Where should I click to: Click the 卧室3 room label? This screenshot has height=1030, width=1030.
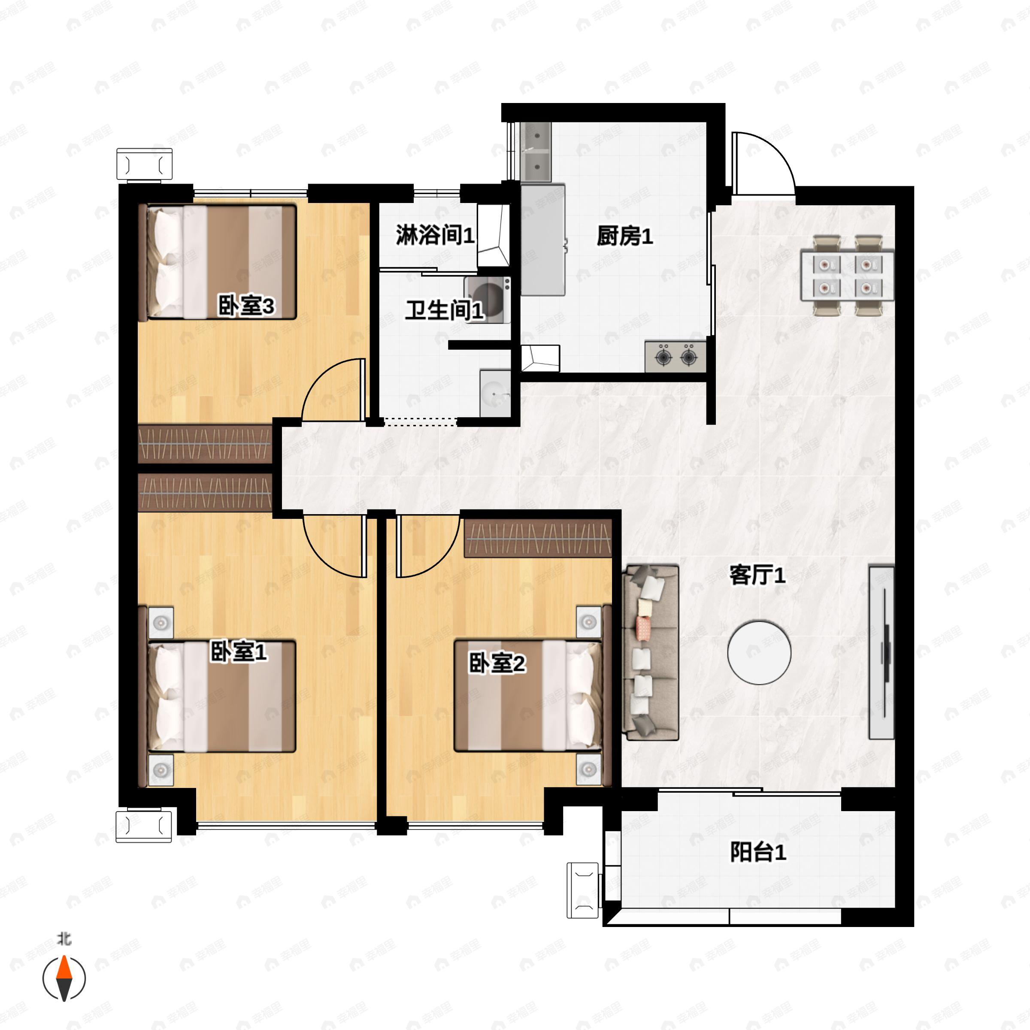(246, 306)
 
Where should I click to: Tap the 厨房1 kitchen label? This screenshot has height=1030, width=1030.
(624, 236)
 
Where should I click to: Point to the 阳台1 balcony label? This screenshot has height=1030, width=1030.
(757, 852)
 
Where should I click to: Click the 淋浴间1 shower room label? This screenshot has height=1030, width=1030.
(434, 235)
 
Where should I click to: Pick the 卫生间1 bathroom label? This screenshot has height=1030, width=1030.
(444, 310)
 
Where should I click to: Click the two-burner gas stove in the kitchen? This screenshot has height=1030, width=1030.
(676, 357)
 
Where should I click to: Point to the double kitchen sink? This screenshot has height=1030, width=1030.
(536, 152)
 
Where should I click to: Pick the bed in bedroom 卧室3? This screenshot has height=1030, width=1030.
(217, 262)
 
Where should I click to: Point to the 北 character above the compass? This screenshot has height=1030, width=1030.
(64, 938)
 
